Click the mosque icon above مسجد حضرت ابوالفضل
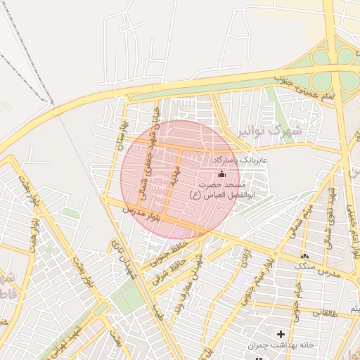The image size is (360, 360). pos(222,174)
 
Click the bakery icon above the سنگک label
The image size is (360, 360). pos(304,257)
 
